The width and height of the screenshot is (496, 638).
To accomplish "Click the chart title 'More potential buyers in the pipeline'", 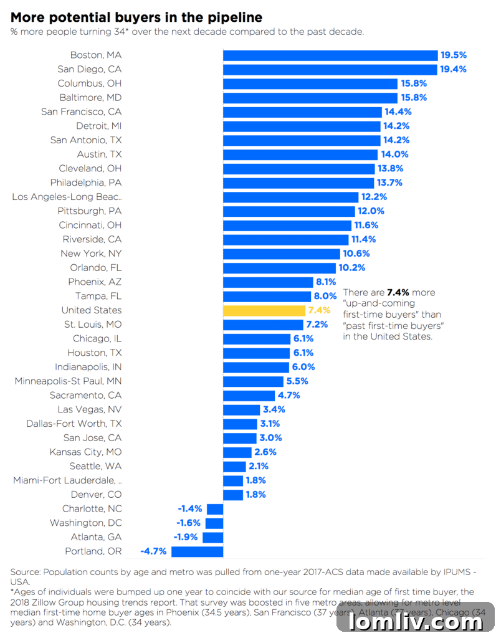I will pos(136,17).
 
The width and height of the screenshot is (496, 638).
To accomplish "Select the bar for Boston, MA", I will pos(330,55).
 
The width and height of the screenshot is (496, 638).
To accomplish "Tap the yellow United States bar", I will pos(264,310).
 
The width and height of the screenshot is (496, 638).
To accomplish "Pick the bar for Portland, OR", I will pos(197,551).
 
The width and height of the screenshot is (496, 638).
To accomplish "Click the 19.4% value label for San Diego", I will pos(453,69).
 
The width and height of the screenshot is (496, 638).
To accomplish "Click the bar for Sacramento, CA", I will pos(249,396).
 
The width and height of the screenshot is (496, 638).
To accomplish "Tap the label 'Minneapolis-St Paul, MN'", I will pos(68,381).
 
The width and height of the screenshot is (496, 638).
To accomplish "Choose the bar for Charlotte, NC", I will pos(215,509).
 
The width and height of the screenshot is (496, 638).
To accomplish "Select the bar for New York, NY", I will pos(282,254).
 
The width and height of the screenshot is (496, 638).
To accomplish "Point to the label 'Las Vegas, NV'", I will pos(89,409).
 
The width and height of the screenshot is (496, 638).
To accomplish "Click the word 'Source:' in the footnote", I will pos(26,572).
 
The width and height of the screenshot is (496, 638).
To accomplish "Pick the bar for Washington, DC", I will pos(214,523).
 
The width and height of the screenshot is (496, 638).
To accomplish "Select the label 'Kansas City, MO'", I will pos(85,452).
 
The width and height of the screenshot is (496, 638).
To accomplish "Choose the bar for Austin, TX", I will pos(300,155).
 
